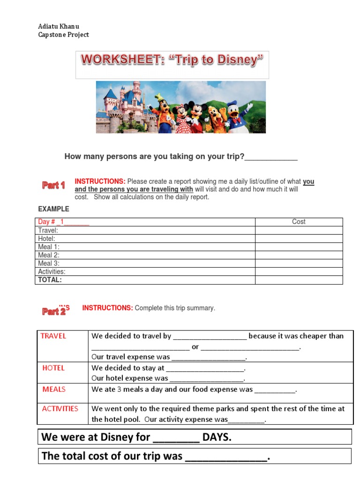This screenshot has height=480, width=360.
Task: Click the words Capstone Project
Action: pos(63,35)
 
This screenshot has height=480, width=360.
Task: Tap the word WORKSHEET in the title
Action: pos(120,60)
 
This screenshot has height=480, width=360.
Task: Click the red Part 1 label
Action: pos(53,186)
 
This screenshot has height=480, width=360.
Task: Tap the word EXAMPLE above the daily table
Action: pos(53,209)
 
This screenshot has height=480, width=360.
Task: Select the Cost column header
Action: pos(299,222)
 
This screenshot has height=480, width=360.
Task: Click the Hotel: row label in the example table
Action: pos(47,239)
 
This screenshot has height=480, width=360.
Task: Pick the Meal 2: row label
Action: pos(49,255)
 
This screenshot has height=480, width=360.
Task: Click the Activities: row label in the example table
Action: pos(52,271)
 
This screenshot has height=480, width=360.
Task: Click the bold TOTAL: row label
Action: pos(50,280)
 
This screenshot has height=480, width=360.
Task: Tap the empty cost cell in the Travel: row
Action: pos(299,230)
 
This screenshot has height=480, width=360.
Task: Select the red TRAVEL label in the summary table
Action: pos(53,336)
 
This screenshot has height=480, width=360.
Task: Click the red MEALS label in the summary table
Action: pos(54,389)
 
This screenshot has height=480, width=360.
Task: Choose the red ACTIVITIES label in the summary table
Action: pos(60,409)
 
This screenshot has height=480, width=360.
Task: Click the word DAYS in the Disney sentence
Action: pos(217,437)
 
